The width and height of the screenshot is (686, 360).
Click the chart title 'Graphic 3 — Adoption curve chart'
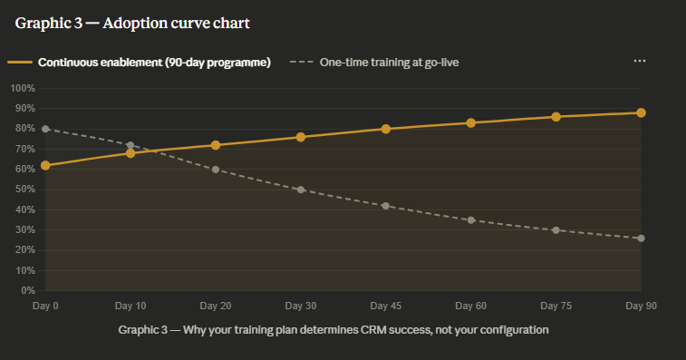pos(132,23)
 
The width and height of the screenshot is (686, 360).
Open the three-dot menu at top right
pos(640,61)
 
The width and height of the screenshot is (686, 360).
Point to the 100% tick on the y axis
pos(23,88)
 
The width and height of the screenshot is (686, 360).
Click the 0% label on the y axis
pos(27,291)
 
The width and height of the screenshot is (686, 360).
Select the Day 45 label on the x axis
pos(386,306)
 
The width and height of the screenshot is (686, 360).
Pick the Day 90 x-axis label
pos(641,306)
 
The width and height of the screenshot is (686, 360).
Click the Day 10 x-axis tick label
pos(130,306)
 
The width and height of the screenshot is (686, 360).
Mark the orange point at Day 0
pos(45,165)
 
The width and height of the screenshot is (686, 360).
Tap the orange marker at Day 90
pos(641,112)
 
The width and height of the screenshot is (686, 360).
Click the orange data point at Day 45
pos(386,129)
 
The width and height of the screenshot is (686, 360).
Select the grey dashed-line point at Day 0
pos(45,129)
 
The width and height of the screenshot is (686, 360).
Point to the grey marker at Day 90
pos(641,238)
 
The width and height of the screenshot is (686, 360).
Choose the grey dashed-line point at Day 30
pos(301,190)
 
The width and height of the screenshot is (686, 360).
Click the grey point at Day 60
pos(471,220)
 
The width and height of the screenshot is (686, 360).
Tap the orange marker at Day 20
pos(216,145)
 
